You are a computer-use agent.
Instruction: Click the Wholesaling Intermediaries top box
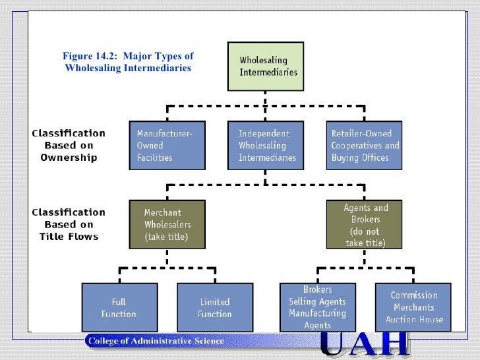[266, 66]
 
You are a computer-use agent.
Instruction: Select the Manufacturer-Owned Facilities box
[167, 145]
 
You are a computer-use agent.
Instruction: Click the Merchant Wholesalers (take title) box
[167, 224]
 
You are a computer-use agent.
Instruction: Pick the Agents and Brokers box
[366, 225]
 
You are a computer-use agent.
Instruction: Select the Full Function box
[119, 307]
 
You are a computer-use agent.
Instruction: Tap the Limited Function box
[215, 307]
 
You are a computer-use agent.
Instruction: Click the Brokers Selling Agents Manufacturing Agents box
[317, 307]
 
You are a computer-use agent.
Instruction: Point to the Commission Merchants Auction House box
[414, 307]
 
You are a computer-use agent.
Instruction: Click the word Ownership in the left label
[69, 158]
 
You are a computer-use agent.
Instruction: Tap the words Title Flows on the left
[69, 237]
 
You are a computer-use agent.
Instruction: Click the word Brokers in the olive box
[366, 220]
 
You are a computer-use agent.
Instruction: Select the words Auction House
[414, 320]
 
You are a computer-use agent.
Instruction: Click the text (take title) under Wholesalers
[166, 237]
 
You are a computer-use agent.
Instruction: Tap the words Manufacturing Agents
[317, 319]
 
